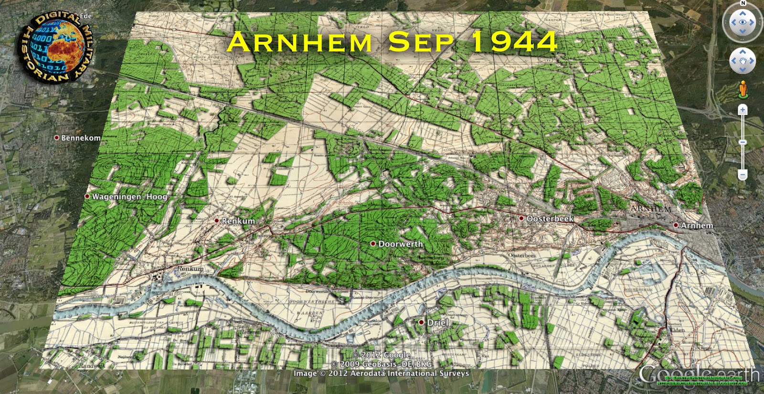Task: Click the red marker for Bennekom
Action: pos(56,138)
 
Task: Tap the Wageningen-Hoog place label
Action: pos(129,197)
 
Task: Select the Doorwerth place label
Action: pos(400,244)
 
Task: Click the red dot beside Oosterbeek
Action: pos(521,218)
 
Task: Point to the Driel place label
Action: pos(437,323)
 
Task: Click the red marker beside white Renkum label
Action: pos(217,221)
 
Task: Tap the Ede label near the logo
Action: pos(86,16)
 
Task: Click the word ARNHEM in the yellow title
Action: pos(299,42)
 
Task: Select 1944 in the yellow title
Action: pos(514,42)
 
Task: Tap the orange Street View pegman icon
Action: pos(743,89)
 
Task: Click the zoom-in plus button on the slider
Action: pos(743,110)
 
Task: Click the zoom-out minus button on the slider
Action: pos(743,175)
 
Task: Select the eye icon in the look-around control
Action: pos(743,22)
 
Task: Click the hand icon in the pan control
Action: pos(743,61)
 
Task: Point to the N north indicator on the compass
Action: pos(743,3)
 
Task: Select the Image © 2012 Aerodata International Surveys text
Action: pos(381,373)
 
